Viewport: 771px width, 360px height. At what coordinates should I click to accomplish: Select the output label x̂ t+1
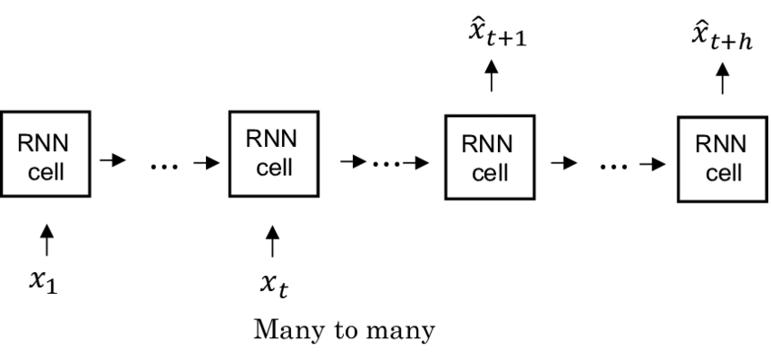point(492,40)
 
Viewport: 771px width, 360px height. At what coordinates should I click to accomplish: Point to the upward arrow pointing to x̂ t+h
point(723,80)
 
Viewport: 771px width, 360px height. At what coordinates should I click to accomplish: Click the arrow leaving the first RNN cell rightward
point(112,161)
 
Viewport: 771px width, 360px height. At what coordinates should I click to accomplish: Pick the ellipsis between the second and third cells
point(385,164)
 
